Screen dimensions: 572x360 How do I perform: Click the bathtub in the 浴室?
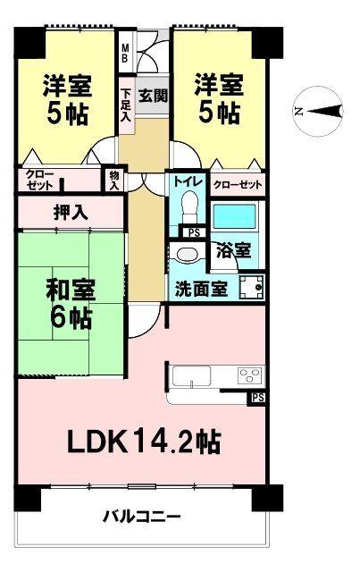tap(234, 219)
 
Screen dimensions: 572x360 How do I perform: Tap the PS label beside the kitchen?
tap(257, 397)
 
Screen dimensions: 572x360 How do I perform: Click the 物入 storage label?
tap(114, 179)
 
